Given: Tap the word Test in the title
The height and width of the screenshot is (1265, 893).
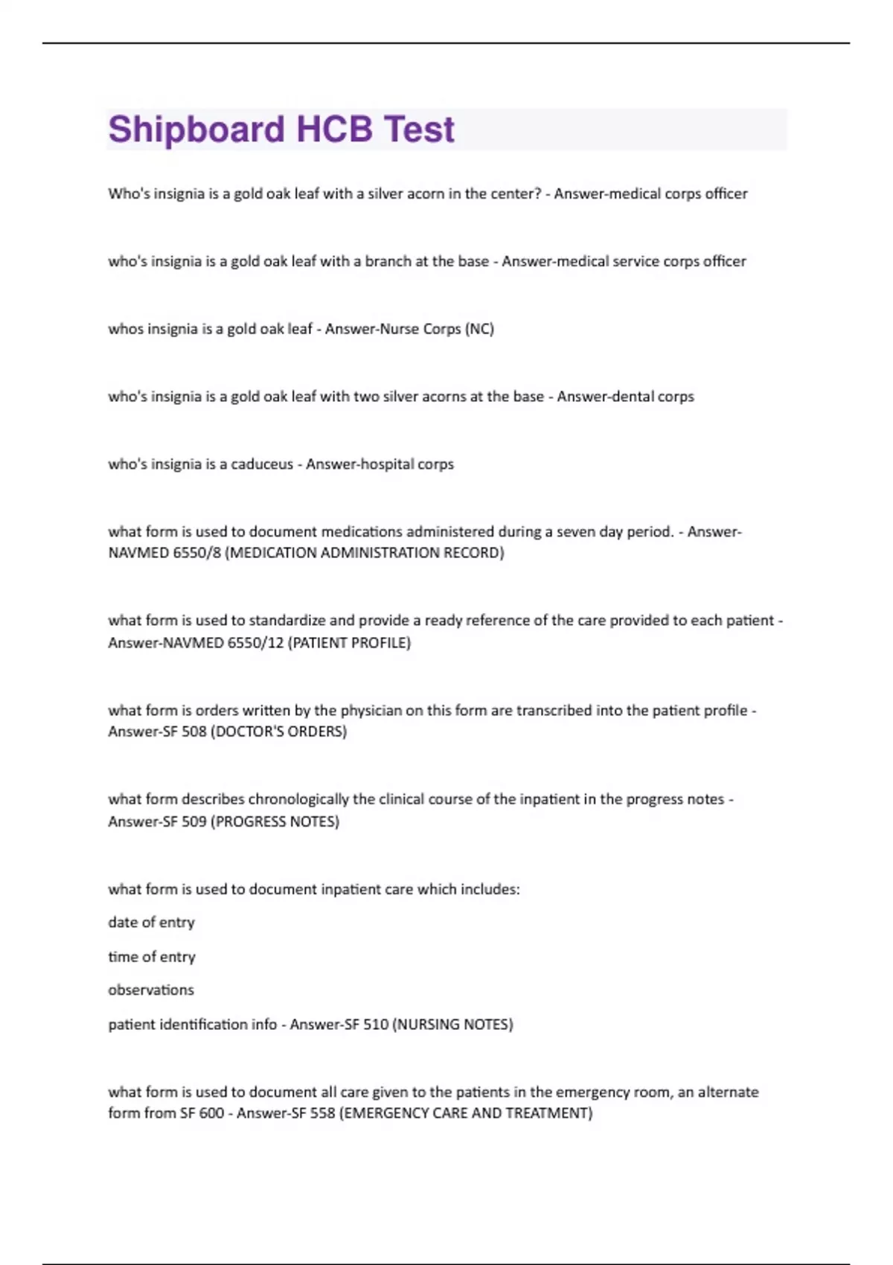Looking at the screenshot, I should (419, 130).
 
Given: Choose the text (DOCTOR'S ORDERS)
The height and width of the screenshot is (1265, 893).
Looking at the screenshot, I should (279, 731).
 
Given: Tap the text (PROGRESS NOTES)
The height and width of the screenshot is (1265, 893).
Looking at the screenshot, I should (275, 822).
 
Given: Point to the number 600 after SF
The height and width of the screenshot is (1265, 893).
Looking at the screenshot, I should (211, 1113).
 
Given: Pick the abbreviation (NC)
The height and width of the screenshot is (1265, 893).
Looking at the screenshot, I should (479, 329).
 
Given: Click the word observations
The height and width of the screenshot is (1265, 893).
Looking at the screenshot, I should (151, 990).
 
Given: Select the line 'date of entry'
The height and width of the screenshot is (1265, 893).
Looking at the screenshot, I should (151, 923).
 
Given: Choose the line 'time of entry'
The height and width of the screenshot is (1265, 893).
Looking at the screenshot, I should (151, 957).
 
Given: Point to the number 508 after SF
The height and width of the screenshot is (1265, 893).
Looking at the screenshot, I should (193, 731).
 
